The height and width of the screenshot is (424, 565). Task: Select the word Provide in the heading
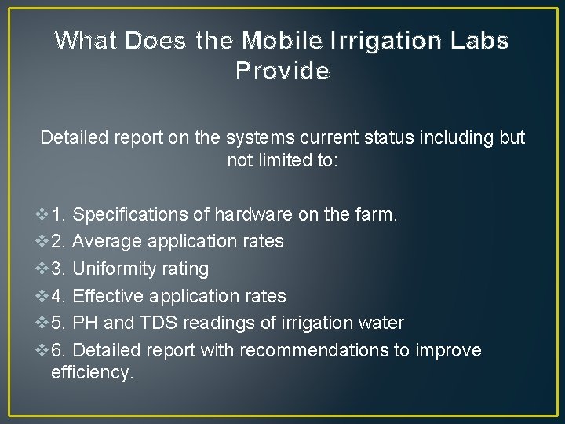tap(282, 71)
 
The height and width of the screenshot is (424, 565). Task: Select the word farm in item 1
tap(377, 214)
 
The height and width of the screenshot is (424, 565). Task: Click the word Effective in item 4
tap(107, 296)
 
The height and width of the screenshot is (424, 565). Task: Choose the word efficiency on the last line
tap(92, 373)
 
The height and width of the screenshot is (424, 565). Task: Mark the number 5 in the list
tap(57, 323)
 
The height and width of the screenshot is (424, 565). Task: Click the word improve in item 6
tap(447, 350)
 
